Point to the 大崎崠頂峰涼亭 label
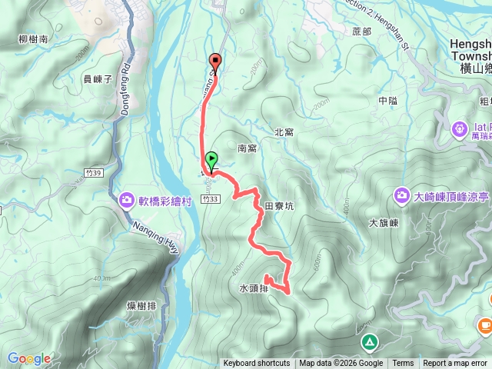tap(451, 196)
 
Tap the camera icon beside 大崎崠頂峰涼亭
tap(402, 196)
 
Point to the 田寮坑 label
tap(278, 206)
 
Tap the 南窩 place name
tap(247, 148)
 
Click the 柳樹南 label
tap(32, 38)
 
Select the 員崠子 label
tap(98, 78)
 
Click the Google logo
tap(29, 358)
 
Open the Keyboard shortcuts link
tap(257, 364)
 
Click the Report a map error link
tap(454, 364)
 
